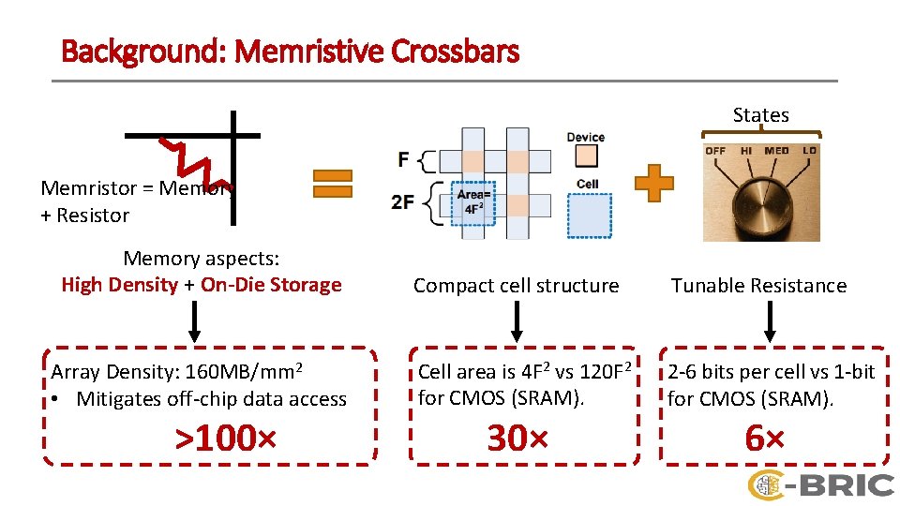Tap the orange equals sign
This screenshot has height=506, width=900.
[x=332, y=182]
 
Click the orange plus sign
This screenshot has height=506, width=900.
[x=653, y=183]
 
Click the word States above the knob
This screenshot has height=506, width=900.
[x=760, y=115]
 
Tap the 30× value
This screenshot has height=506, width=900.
[x=517, y=438]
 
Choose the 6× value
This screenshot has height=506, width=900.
[x=764, y=438]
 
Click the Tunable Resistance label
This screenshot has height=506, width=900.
[x=758, y=286]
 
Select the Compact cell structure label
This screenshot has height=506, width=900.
[x=516, y=286]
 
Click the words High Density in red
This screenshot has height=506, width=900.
[x=119, y=285]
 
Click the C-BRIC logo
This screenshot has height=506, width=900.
[x=819, y=484]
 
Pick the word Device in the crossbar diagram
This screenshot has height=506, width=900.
[x=585, y=138]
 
